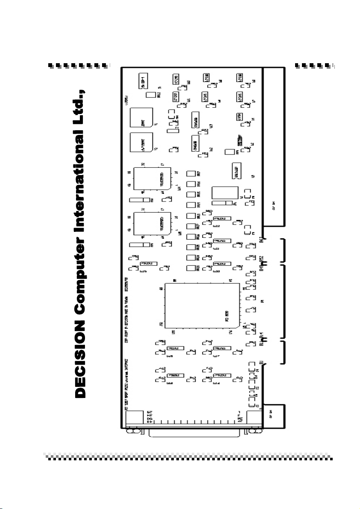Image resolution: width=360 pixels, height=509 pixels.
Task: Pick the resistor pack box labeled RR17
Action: (191, 174)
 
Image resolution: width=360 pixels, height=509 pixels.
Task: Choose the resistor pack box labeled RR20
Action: (191, 269)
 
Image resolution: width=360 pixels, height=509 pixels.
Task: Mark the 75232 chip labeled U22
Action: (222, 218)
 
